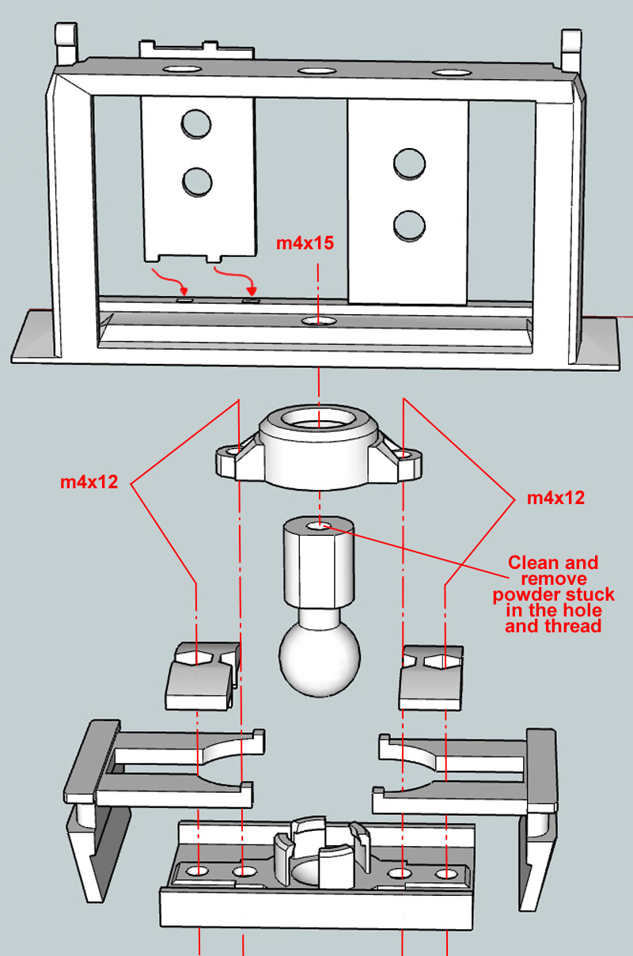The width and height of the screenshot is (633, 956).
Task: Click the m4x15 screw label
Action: [305, 244]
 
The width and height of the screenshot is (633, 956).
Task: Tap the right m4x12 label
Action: [555, 499]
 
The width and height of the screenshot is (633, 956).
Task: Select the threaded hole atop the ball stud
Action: [319, 525]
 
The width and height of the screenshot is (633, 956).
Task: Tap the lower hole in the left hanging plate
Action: [197, 182]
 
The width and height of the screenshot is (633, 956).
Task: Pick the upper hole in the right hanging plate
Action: [408, 163]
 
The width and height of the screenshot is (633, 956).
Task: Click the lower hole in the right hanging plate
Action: [408, 225]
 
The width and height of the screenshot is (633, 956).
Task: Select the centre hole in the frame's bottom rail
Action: [317, 321]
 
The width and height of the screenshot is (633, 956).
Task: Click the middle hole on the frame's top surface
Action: [317, 71]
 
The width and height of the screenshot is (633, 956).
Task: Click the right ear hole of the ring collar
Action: [405, 454]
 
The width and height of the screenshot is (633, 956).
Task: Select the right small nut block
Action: [431, 676]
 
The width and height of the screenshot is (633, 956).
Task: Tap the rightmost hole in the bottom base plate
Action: [448, 874]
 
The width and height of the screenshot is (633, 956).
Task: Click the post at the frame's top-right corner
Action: [571, 50]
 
